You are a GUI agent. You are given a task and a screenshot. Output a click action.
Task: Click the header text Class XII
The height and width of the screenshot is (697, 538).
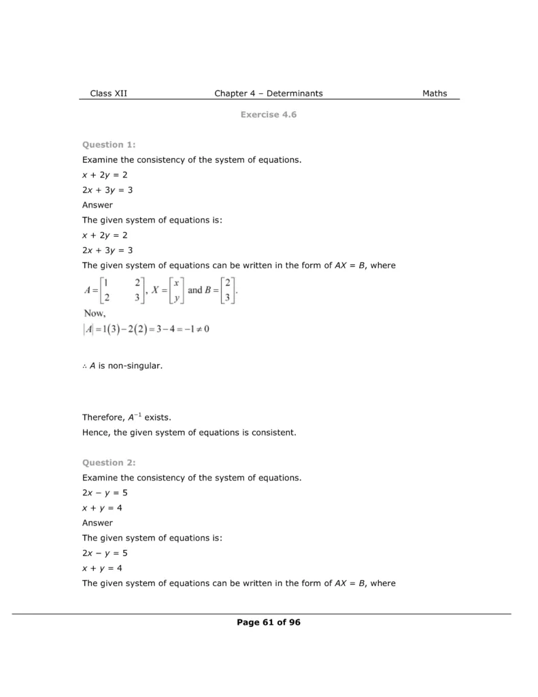click(x=108, y=93)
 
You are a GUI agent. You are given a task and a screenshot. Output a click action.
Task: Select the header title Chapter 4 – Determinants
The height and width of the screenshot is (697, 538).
click(x=269, y=93)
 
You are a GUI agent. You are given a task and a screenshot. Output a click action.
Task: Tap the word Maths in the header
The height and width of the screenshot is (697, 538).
click(x=435, y=93)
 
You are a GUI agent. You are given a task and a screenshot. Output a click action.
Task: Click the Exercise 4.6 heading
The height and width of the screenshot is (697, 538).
click(x=269, y=114)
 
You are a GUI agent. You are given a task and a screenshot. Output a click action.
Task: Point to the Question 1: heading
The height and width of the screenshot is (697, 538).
click(x=109, y=144)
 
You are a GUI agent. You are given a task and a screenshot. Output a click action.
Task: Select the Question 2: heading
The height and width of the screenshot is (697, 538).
click(x=109, y=462)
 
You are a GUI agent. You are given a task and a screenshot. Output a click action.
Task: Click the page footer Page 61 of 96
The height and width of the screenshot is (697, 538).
click(x=269, y=622)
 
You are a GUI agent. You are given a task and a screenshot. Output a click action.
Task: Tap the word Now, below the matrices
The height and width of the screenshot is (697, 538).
click(x=95, y=313)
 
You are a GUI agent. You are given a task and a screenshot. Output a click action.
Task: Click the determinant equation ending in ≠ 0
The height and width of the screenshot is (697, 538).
click(x=146, y=329)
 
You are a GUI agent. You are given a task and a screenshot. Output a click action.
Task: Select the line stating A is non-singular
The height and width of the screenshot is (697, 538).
click(x=122, y=366)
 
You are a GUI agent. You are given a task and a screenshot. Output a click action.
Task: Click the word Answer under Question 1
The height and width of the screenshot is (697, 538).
click(x=97, y=205)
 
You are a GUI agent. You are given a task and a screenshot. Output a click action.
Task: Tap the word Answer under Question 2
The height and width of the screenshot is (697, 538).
click(x=97, y=523)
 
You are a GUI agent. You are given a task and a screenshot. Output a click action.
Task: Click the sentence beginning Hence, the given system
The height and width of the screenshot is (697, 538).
click(x=189, y=432)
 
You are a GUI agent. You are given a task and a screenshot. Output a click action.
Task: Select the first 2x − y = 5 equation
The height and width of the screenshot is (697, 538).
click(x=105, y=493)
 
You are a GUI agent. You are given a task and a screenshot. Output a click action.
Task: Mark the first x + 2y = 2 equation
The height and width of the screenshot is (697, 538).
click(x=105, y=175)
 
